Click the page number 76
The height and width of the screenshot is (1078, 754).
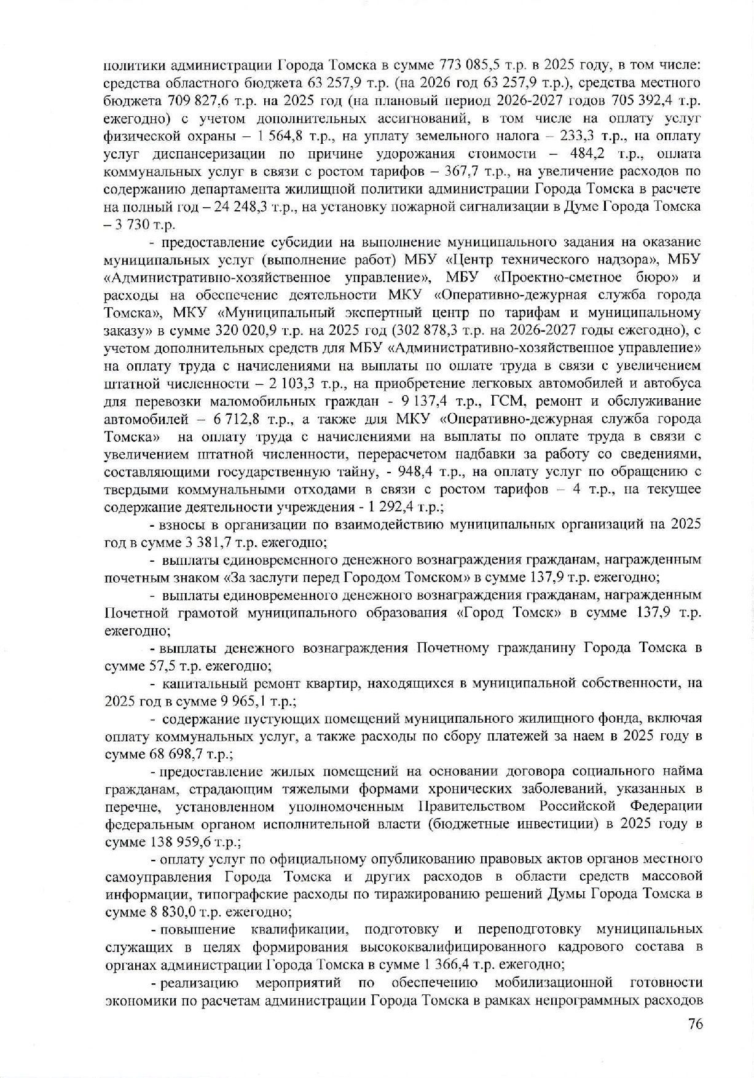click(x=694, y=1024)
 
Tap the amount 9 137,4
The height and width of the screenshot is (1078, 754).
click(x=433, y=401)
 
